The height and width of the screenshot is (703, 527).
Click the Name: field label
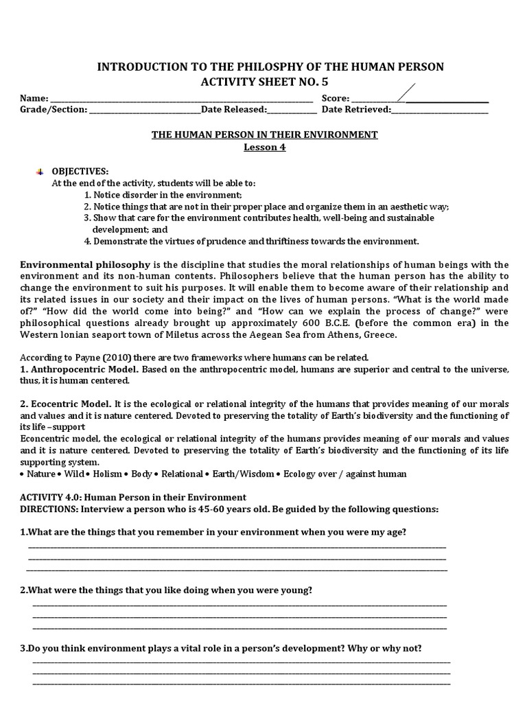pos(34,98)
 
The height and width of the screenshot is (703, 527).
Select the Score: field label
pos(336,98)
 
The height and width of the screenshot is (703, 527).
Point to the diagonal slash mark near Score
pos(406,91)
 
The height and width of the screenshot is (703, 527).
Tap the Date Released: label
pos(233,109)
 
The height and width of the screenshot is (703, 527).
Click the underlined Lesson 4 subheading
pos(264,147)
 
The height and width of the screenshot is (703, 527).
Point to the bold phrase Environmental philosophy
pos(85,264)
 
